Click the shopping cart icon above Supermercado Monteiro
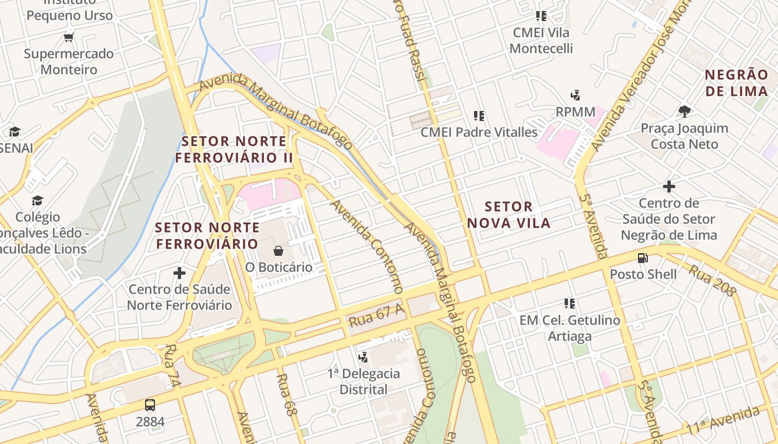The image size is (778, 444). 69,38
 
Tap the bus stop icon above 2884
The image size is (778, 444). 149,405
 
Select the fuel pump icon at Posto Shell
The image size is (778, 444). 642,258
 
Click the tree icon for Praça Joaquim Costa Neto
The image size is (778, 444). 685,112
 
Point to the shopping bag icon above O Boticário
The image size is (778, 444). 278,251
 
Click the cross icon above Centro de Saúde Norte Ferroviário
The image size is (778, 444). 179,273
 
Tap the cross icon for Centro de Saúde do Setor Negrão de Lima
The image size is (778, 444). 669,186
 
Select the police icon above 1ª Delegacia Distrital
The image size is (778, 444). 363,357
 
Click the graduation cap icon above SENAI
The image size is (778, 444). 14,132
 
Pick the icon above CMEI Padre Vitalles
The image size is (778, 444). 478,116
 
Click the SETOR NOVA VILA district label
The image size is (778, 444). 508,215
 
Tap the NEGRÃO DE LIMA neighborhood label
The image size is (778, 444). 736,83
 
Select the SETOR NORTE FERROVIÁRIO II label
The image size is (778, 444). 234,149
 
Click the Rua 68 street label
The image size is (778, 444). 285,395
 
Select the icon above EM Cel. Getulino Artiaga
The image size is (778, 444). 570,304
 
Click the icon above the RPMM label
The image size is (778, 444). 575,95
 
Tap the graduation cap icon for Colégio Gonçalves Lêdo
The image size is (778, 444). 37,200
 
